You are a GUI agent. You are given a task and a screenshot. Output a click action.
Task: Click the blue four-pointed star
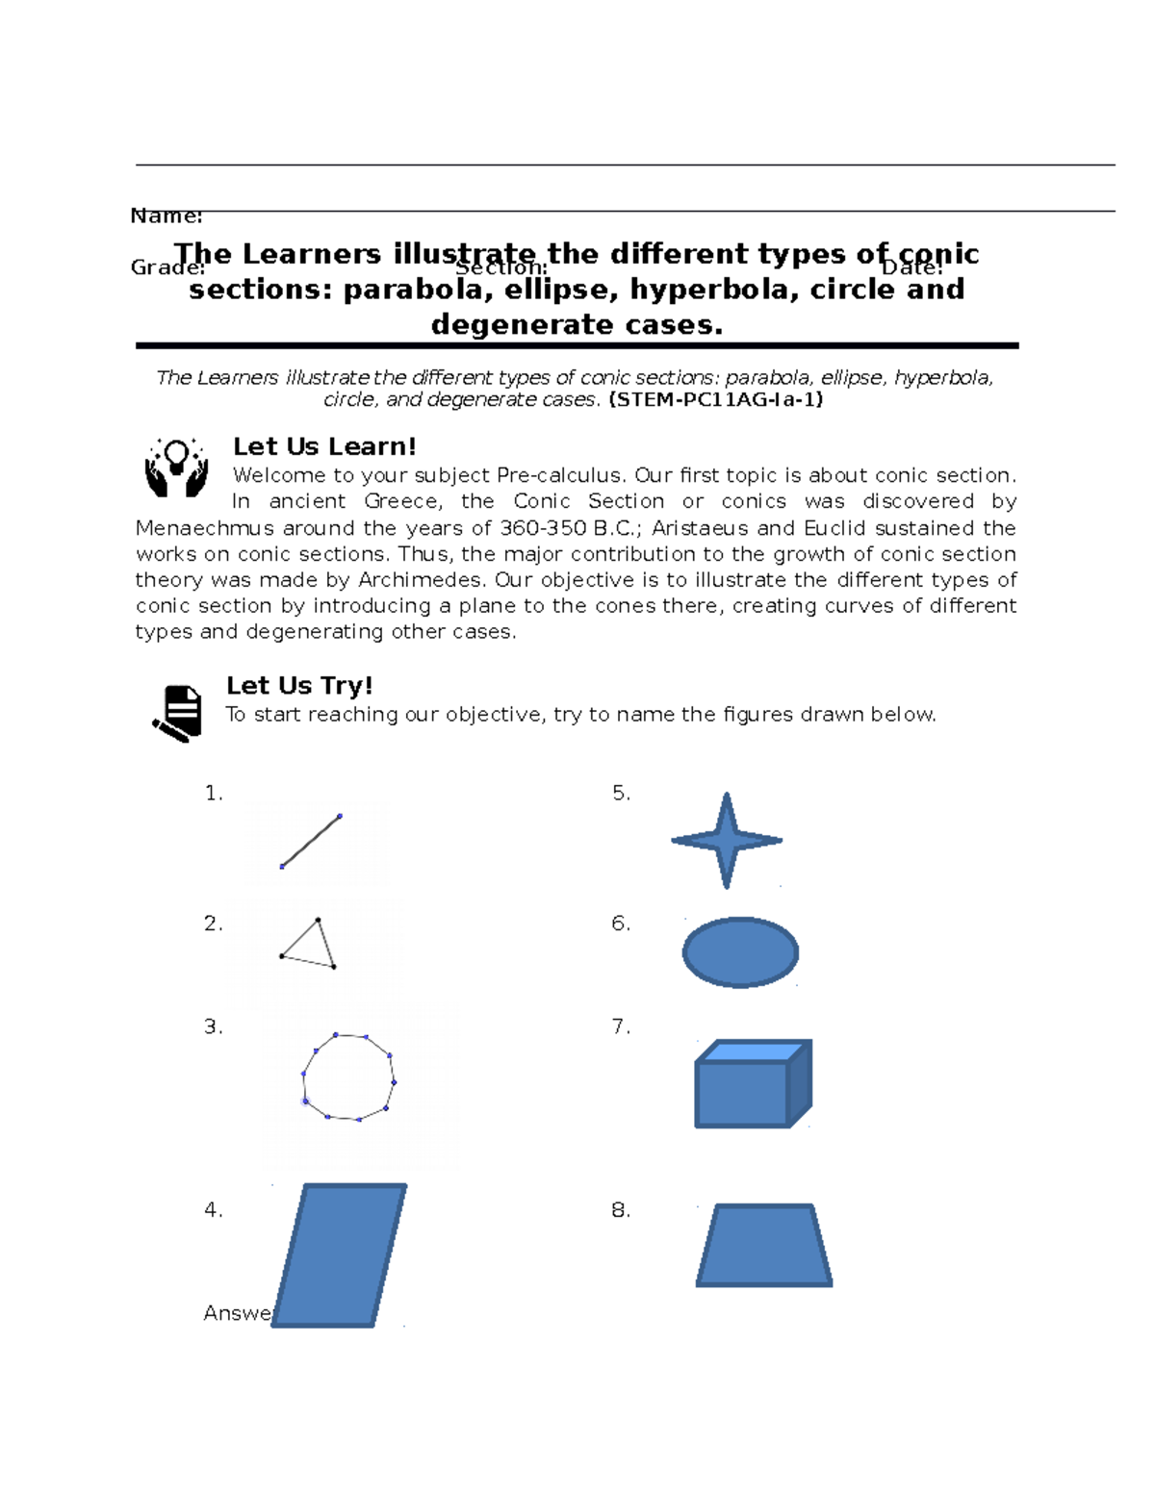tap(727, 840)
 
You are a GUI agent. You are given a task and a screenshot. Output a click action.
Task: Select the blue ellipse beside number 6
tap(740, 952)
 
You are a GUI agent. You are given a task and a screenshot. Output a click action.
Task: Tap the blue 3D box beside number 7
tap(753, 1084)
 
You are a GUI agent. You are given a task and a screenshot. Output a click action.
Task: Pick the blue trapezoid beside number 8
tap(764, 1246)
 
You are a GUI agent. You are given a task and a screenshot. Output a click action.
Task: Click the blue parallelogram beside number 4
tap(339, 1255)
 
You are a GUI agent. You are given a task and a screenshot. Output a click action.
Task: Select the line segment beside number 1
tap(311, 841)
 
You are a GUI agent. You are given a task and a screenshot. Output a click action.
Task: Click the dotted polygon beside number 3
tap(348, 1077)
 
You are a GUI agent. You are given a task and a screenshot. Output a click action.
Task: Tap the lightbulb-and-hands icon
tap(176, 468)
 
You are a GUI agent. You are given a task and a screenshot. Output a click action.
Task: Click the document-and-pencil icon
tap(177, 713)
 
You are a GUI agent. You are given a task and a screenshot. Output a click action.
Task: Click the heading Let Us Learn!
tap(324, 446)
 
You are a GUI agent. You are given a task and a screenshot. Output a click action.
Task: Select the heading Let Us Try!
tap(299, 685)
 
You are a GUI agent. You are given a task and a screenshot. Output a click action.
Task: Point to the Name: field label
tap(166, 215)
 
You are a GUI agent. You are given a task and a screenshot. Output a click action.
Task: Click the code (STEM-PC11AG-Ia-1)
tap(716, 400)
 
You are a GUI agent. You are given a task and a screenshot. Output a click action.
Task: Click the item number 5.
tap(621, 793)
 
